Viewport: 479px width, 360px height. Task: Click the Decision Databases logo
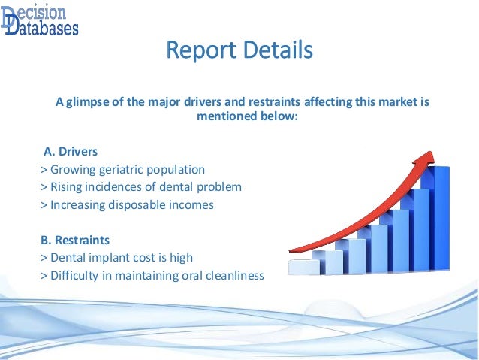40,21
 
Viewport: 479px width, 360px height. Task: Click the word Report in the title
201,50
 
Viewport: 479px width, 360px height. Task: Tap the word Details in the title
278,49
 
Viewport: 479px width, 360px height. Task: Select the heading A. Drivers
71,151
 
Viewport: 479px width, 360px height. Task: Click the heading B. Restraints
75,240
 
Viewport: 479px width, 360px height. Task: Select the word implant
106,258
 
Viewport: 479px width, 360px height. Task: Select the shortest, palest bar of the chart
304,267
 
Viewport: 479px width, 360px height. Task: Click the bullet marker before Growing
44,170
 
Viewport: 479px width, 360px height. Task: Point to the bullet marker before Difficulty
44,276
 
